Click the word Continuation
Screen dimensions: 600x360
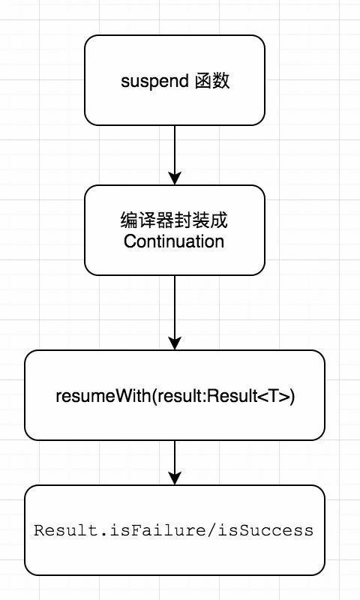pyautogui.click(x=174, y=241)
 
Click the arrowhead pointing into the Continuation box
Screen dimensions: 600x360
pyautogui.click(x=175, y=178)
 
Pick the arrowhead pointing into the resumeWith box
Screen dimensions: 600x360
pyautogui.click(x=175, y=343)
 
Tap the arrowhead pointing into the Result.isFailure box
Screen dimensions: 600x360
pyautogui.click(x=175, y=478)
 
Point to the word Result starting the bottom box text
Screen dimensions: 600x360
pyautogui.click(x=59, y=530)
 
